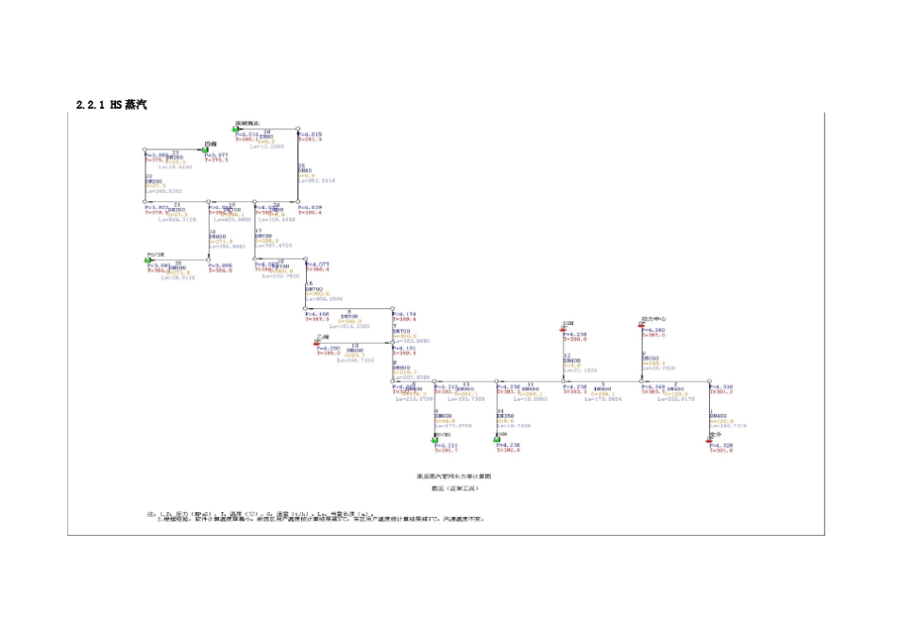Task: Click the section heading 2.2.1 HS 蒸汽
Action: click(x=111, y=104)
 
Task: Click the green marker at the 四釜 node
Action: click(x=204, y=149)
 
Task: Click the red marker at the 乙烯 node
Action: click(x=317, y=343)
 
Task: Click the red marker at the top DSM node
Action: click(x=563, y=329)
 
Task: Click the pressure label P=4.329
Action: click(x=721, y=445)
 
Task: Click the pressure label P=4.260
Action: click(x=653, y=330)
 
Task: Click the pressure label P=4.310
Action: click(x=721, y=386)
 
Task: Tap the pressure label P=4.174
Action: click(x=404, y=313)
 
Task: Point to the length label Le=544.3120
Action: click(x=176, y=219)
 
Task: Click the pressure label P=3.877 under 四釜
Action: click(x=216, y=154)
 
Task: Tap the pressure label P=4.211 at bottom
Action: click(x=445, y=445)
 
